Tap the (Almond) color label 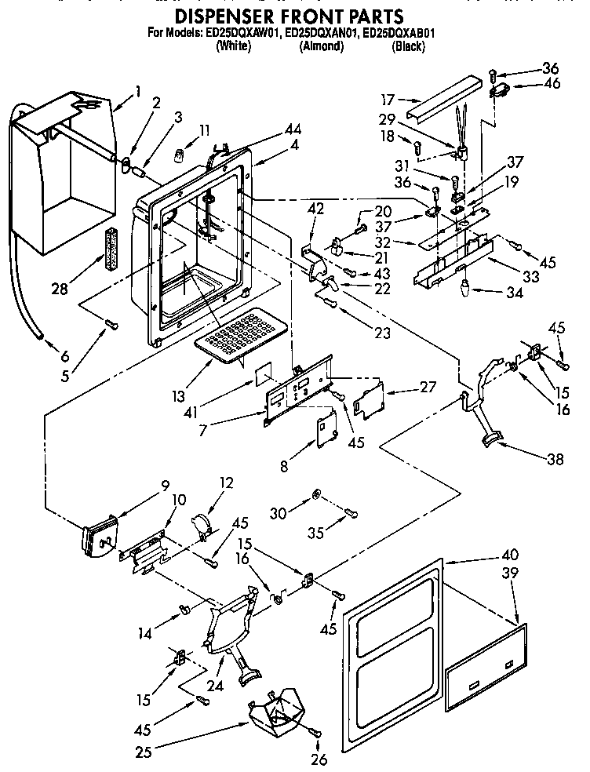click(321, 46)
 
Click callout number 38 click(555, 461)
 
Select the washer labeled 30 click(315, 493)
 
